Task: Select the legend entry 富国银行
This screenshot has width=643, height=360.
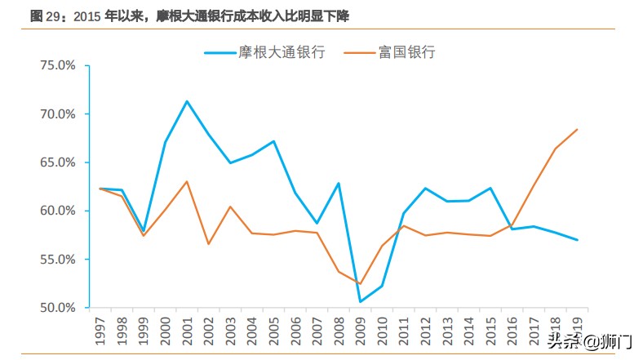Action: (406, 52)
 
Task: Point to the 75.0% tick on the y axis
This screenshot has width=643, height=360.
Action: (57, 65)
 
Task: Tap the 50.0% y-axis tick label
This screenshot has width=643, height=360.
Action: (57, 308)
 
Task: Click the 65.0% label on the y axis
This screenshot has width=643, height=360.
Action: (57, 162)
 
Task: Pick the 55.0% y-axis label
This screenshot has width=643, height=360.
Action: (57, 260)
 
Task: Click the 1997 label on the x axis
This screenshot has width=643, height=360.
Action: (100, 330)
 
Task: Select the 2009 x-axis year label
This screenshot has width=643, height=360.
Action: (360, 330)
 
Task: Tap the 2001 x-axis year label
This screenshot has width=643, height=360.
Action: (187, 330)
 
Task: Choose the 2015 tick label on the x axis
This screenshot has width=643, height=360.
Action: (490, 330)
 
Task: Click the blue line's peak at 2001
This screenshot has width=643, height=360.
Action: (187, 101)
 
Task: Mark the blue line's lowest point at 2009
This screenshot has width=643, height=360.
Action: (360, 302)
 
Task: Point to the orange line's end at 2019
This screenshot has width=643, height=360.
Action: (577, 129)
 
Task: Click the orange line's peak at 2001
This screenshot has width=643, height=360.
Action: (187, 181)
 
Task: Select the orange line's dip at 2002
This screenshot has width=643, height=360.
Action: (208, 244)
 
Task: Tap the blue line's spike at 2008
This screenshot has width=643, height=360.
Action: (338, 183)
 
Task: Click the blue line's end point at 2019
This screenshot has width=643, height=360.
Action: (577, 240)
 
